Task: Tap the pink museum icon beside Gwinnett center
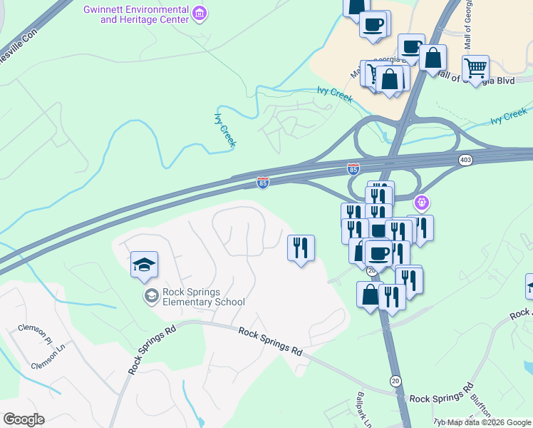click(200, 13)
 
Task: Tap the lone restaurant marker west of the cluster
click(301, 248)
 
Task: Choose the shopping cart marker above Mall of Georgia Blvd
click(475, 68)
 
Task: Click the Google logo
click(24, 419)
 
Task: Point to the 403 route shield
click(466, 160)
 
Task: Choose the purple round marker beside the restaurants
click(422, 203)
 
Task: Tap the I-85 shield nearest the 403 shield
click(353, 169)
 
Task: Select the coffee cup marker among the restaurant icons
click(379, 253)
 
